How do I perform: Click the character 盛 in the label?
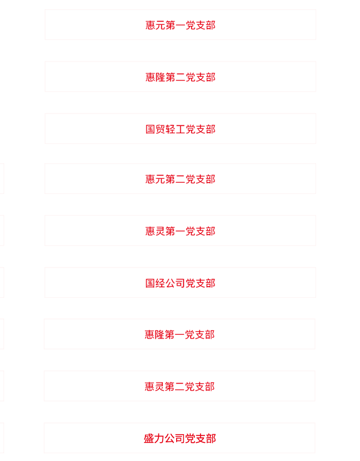click(x=149, y=438)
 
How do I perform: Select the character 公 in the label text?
click(x=169, y=438)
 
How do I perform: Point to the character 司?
click(x=180, y=438)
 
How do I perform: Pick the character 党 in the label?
click(x=190, y=438)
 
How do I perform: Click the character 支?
click(x=200, y=438)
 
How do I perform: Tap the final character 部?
click(x=210, y=438)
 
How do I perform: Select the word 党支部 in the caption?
click(x=200, y=438)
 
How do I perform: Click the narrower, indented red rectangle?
click(x=180, y=76)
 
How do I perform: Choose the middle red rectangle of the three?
click(x=158, y=230)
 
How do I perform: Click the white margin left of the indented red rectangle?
click(x=22, y=76)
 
